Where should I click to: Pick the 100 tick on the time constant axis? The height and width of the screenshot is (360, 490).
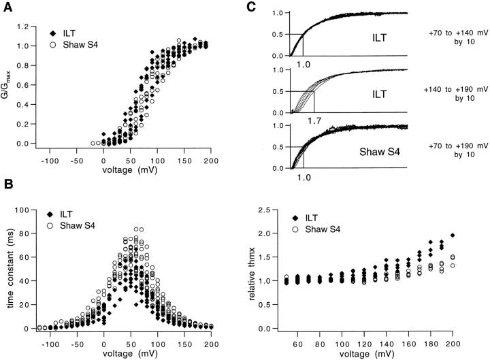pos(22,210)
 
